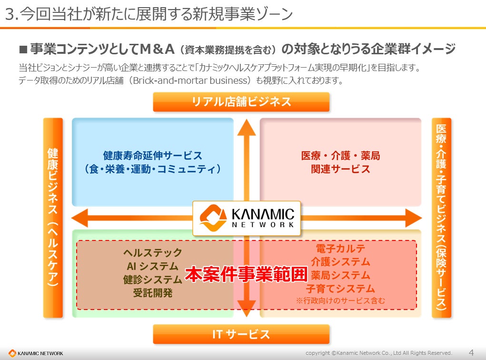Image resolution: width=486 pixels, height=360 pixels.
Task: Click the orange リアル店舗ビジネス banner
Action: click(241, 102)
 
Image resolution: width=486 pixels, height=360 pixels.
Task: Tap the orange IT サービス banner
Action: click(241, 334)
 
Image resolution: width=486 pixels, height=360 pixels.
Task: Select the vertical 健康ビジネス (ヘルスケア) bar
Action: click(53, 218)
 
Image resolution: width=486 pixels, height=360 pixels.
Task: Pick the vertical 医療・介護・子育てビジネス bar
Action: click(441, 218)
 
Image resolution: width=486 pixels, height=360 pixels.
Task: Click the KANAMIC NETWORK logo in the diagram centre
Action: click(247, 218)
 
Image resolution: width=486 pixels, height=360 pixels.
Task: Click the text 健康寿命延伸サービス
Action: click(152, 156)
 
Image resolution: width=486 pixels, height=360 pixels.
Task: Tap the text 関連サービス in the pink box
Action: click(340, 169)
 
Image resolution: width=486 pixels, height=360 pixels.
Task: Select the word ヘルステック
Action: click(152, 253)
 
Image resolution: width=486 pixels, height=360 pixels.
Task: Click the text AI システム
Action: click(152, 266)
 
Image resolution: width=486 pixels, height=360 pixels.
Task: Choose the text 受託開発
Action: click(152, 293)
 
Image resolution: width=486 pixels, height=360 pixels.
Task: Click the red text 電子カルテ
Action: click(340, 249)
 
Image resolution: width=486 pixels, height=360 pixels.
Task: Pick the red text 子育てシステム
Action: click(340, 289)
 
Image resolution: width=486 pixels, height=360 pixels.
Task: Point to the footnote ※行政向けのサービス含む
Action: click(340, 300)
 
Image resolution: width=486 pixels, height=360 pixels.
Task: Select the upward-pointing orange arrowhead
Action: click(247, 128)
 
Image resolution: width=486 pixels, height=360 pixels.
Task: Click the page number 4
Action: click(471, 353)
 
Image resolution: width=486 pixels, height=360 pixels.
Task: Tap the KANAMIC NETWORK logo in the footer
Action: click(36, 353)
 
